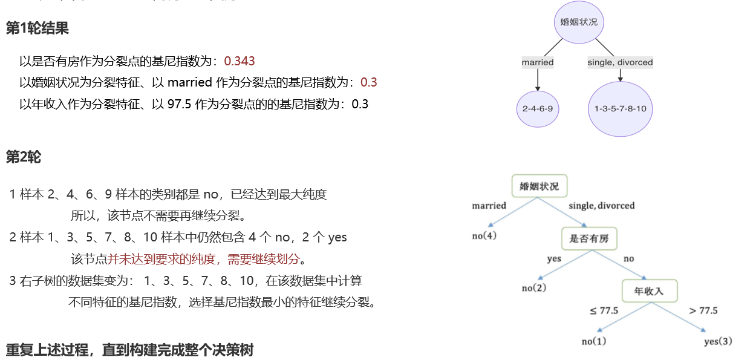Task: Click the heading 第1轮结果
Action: (37, 28)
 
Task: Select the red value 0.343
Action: (240, 61)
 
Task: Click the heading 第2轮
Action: (24, 157)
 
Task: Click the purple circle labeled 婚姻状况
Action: (579, 22)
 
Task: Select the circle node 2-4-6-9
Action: (538, 109)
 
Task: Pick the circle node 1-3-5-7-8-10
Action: (620, 109)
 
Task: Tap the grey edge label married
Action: (538, 62)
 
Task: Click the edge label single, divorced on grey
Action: (620, 62)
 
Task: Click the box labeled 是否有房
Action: (589, 238)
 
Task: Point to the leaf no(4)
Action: (484, 235)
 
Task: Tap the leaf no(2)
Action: (534, 288)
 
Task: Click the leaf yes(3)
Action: (718, 341)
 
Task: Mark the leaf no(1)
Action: (593, 341)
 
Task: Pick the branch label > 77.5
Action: (703, 310)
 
